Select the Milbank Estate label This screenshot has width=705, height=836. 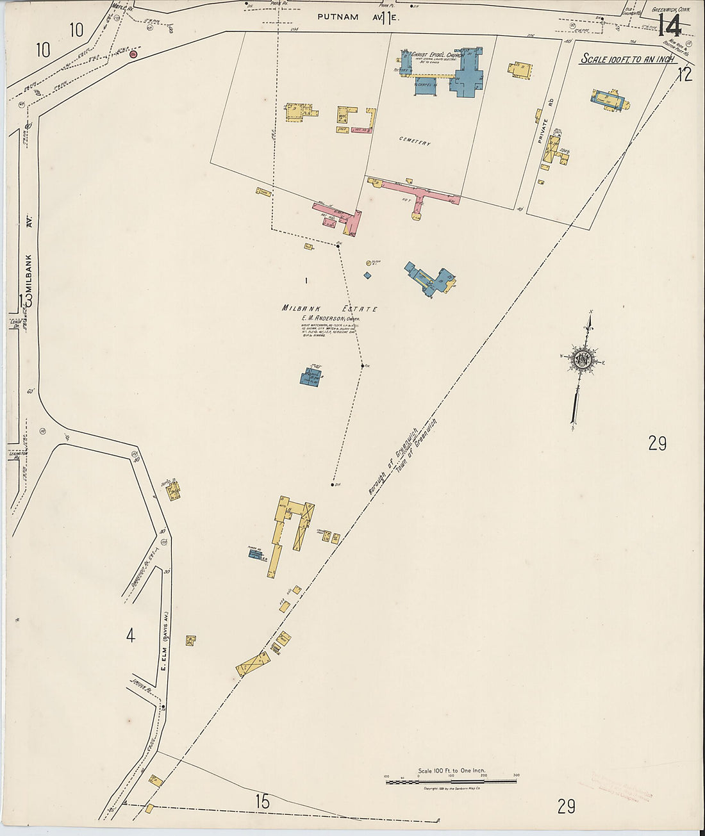[329, 309]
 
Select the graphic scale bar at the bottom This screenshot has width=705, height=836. [451, 781]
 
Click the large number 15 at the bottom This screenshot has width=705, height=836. [261, 801]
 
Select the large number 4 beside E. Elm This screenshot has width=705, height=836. [131, 636]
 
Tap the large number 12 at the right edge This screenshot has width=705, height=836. [684, 74]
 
